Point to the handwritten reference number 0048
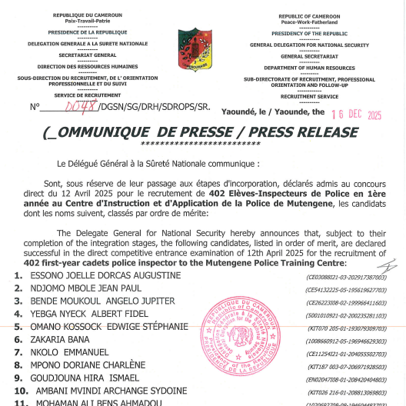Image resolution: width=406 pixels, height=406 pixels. coord(79,108)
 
